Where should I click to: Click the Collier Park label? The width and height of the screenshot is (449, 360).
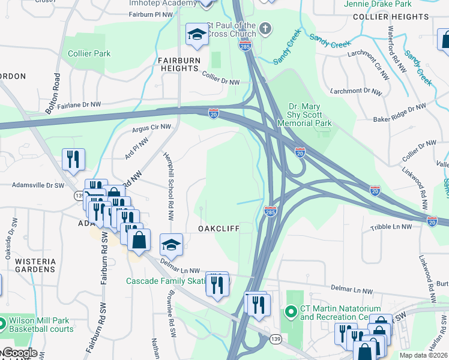[x=89, y=53]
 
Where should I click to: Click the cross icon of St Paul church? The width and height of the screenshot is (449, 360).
[x=265, y=28]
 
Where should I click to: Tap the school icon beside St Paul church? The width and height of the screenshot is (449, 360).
[x=196, y=35]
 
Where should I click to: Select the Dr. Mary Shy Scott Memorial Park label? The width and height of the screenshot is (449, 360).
[x=304, y=115]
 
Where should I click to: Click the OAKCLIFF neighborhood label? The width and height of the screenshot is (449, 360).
[x=219, y=229]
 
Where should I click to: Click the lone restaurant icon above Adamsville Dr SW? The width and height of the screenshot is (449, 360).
[x=73, y=160]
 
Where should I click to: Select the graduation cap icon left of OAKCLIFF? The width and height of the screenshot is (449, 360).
[x=171, y=244]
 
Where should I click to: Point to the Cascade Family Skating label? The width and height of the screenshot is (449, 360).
[x=166, y=281]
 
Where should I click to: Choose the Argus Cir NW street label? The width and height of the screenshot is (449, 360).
[x=151, y=128]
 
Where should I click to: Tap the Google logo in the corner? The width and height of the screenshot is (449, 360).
[x=19, y=353]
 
